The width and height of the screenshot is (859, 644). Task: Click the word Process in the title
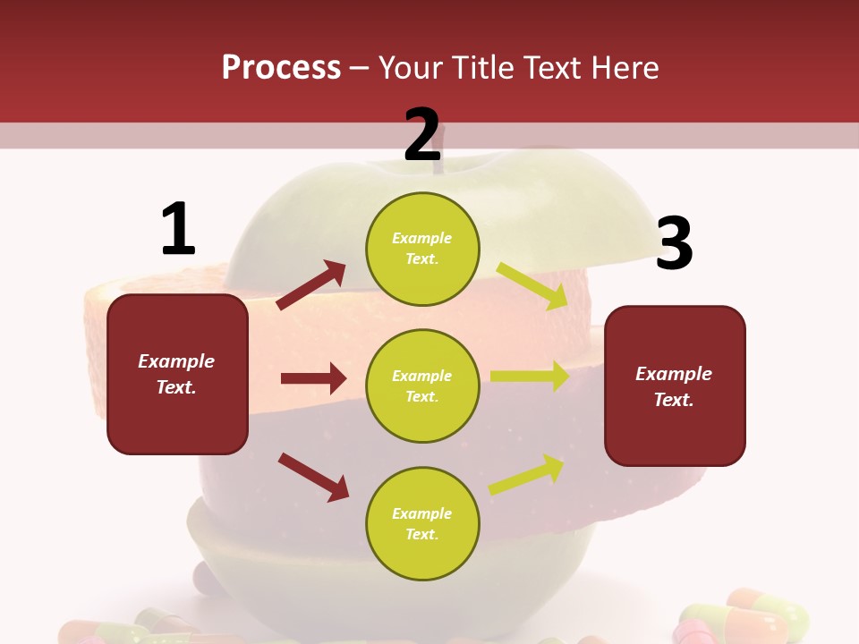click(x=281, y=67)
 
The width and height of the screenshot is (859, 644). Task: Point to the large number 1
click(x=178, y=229)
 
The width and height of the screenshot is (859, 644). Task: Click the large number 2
click(x=422, y=134)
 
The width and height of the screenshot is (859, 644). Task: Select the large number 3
click(x=674, y=243)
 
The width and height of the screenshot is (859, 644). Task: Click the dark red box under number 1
click(x=177, y=374)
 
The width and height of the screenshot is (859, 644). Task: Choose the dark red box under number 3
click(x=675, y=386)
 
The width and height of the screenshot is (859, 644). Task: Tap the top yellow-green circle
click(x=422, y=249)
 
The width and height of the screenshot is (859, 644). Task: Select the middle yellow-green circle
click(x=422, y=386)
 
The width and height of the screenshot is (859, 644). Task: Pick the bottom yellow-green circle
click(x=422, y=523)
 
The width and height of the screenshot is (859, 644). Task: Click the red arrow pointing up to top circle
click(x=311, y=285)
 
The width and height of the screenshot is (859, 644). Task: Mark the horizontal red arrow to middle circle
click(x=313, y=378)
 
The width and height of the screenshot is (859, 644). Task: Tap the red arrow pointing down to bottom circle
click(x=313, y=476)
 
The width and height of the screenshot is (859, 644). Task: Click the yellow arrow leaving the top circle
click(x=532, y=285)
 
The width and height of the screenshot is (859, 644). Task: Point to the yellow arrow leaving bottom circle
click(x=526, y=475)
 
